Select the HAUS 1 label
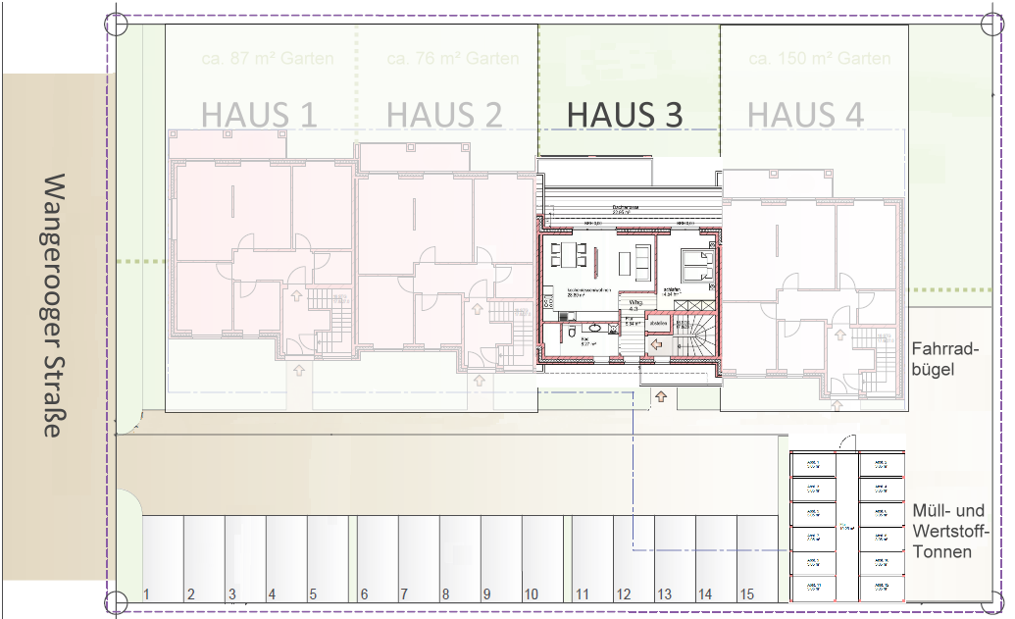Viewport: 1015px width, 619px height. (x=259, y=115)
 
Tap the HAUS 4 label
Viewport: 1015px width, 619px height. (x=805, y=115)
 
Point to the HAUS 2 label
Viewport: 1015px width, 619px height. (x=444, y=115)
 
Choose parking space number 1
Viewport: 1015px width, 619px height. (x=146, y=593)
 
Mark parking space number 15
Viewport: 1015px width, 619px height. (x=747, y=593)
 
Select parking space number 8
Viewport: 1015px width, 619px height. (x=445, y=593)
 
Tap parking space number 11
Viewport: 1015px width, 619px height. (x=582, y=593)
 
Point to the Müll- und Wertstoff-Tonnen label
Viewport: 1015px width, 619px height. (x=947, y=531)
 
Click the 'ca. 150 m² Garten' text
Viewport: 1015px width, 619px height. (x=819, y=59)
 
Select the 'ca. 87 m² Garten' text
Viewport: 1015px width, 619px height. (x=267, y=59)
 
